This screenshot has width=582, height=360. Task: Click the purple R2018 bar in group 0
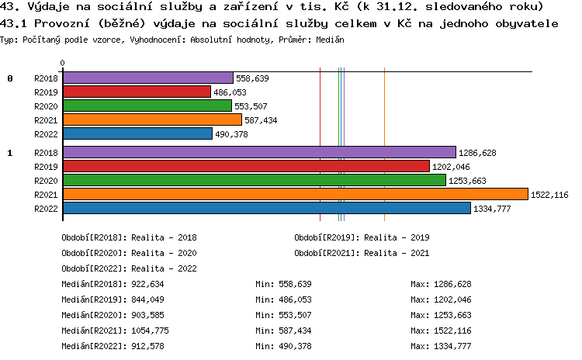(x=147, y=78)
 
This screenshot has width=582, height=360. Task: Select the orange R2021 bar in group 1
(x=295, y=194)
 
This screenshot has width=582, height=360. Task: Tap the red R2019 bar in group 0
(x=137, y=92)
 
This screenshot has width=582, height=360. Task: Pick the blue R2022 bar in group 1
(x=266, y=208)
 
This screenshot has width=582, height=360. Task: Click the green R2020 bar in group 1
(x=254, y=180)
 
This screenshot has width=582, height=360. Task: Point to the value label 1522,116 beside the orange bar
(x=549, y=194)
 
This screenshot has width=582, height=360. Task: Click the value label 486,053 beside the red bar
(x=230, y=92)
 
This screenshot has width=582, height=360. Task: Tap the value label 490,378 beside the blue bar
(x=231, y=134)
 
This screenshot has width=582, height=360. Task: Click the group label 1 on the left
(x=10, y=153)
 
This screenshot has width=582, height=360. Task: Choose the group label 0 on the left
(x=10, y=78)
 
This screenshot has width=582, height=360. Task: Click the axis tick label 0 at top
(x=63, y=64)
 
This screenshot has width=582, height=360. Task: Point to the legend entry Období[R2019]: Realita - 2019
(x=362, y=237)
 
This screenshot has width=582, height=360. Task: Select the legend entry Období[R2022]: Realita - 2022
(x=129, y=268)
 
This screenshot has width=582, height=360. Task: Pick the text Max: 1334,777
(x=441, y=346)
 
